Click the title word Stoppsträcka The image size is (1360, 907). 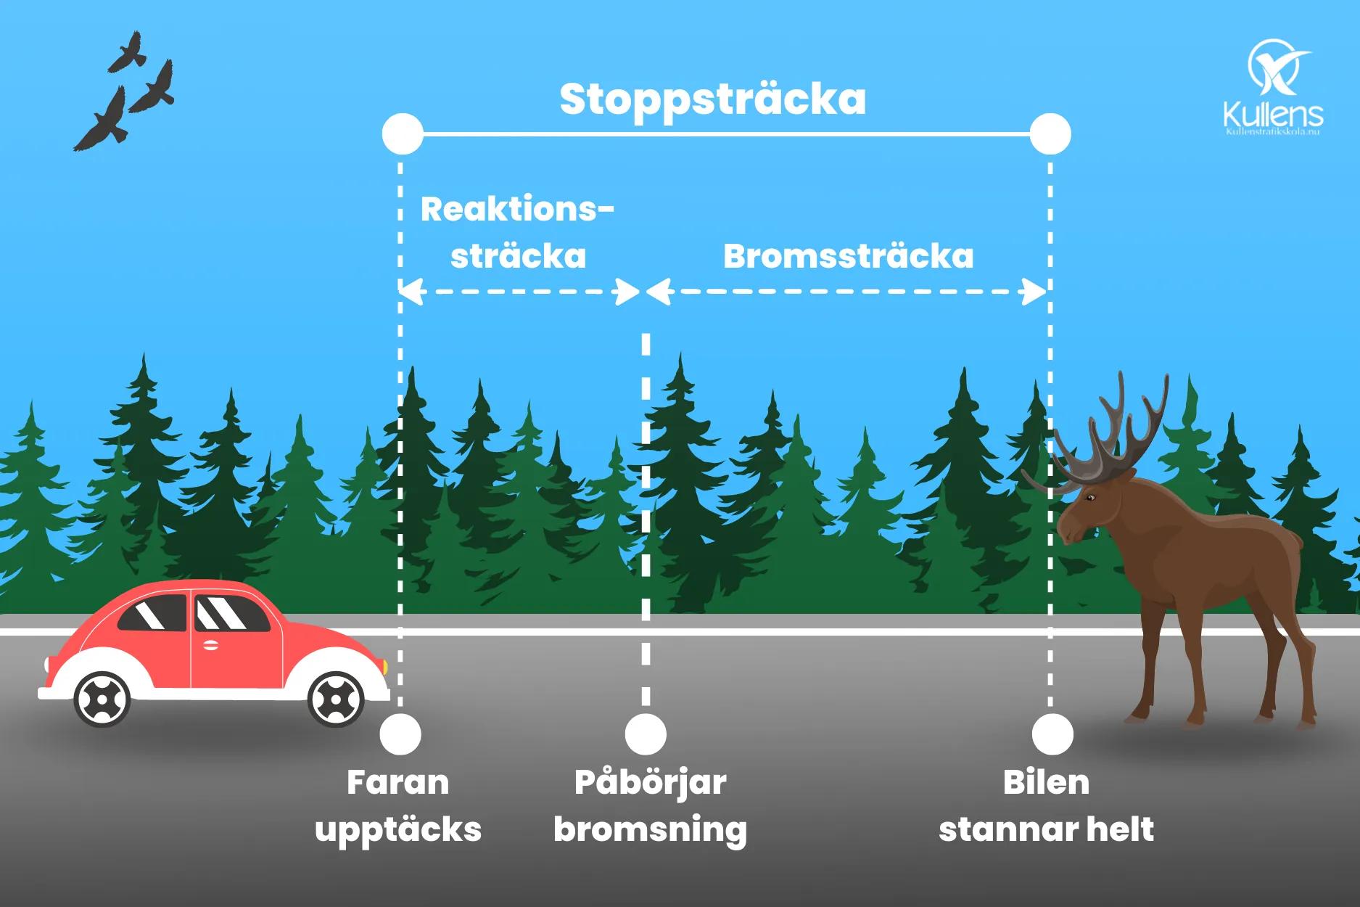[x=712, y=99]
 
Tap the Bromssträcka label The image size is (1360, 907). [x=848, y=257]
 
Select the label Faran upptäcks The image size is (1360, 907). [x=398, y=806]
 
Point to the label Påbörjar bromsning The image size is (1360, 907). [x=650, y=806]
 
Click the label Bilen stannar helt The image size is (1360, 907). [x=1046, y=806]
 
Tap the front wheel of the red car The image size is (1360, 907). [x=335, y=699]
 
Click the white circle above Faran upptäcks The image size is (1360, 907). [x=400, y=734]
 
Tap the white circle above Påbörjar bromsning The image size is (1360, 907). [x=646, y=734]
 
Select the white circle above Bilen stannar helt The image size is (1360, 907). [x=1052, y=734]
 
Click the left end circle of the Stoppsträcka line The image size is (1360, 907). [x=402, y=134]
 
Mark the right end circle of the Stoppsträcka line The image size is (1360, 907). [x=1050, y=134]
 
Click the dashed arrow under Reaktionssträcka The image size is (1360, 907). [x=519, y=292]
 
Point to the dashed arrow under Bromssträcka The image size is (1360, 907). [x=846, y=292]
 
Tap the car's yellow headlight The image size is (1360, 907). [x=385, y=665]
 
